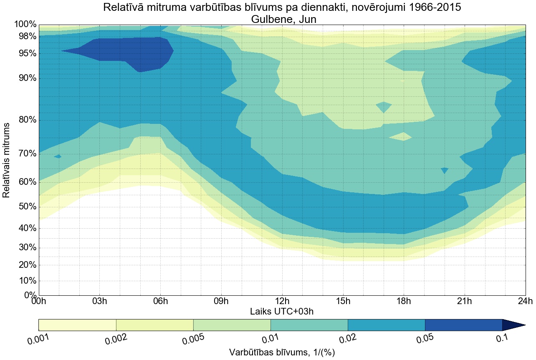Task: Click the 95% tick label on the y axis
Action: (25, 53)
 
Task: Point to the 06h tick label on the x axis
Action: (160, 301)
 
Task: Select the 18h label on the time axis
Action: (403, 301)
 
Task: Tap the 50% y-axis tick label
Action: (25, 207)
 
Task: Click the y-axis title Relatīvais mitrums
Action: (6, 160)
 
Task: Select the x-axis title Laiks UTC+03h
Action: (282, 311)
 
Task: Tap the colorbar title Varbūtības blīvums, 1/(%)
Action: (282, 352)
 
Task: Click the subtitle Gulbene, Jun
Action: (282, 19)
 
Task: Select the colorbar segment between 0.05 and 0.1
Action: (463, 325)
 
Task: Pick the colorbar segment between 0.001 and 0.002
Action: (77, 325)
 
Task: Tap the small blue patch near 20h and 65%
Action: (445, 170)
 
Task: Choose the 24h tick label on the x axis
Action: (525, 301)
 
